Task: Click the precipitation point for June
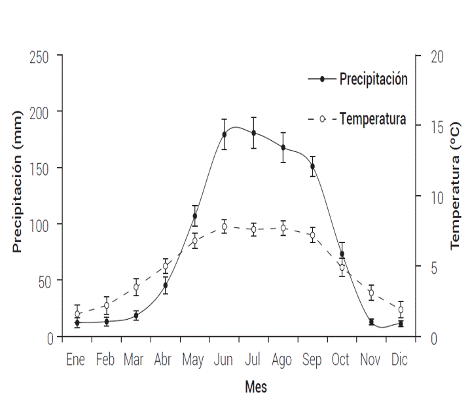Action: [x=224, y=134]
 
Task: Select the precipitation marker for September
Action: [x=313, y=166]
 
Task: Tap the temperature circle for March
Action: [x=136, y=287]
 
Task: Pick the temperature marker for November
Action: [x=371, y=293]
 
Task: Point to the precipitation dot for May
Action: [x=194, y=216]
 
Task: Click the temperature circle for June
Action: [x=224, y=227]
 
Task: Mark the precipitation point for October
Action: [x=342, y=254]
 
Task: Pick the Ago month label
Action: [x=281, y=360]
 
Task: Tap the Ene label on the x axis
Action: [x=77, y=360]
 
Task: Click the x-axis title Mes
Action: [x=256, y=387]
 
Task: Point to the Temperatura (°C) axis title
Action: [x=456, y=187]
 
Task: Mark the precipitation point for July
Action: [x=253, y=133]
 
